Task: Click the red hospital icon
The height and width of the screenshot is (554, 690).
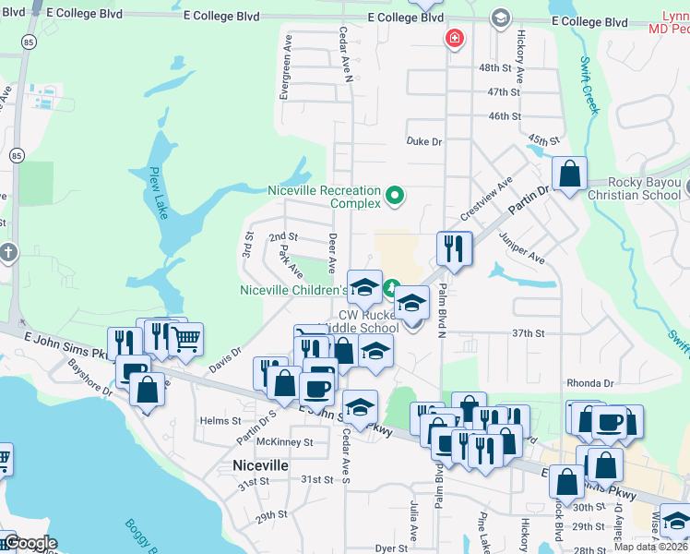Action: [x=454, y=39]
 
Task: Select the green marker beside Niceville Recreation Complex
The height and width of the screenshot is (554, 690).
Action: [x=395, y=195]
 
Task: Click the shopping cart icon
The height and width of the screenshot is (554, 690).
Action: [x=186, y=340]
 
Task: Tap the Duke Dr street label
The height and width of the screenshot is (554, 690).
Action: [x=424, y=141]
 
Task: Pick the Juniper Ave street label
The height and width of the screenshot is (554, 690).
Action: [x=522, y=248]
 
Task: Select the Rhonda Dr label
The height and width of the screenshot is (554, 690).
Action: [x=589, y=383]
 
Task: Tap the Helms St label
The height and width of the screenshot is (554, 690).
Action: [x=220, y=420]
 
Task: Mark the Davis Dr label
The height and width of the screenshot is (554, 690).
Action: [x=224, y=355]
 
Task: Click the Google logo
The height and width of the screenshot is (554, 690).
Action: [x=30, y=544]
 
